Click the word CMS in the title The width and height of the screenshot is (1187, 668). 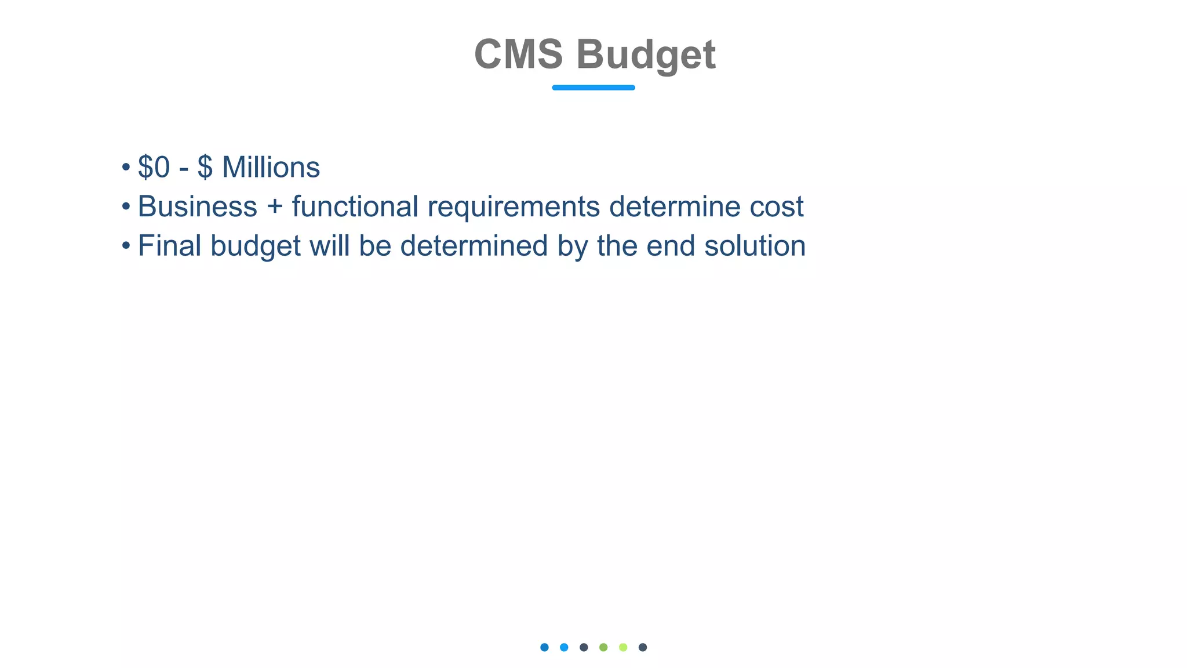pyautogui.click(x=518, y=55)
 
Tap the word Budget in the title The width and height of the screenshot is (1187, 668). pyautogui.click(x=646, y=56)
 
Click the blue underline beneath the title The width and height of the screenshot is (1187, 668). pyautogui.click(x=593, y=88)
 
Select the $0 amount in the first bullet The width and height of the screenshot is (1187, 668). pyautogui.click(x=154, y=168)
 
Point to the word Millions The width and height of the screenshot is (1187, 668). pyautogui.click(x=271, y=168)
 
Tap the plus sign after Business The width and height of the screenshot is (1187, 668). pyautogui.click(x=275, y=208)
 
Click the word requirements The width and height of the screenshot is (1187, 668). pyautogui.click(x=514, y=208)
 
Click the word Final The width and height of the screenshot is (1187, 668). pyautogui.click(x=169, y=246)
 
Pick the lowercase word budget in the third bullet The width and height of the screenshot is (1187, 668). pyautogui.click(x=255, y=247)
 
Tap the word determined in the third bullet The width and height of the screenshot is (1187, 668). pyautogui.click(x=474, y=246)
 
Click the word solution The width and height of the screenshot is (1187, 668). pyautogui.click(x=755, y=246)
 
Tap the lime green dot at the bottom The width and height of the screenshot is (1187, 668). pyautogui.click(x=623, y=647)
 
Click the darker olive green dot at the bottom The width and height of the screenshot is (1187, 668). pyautogui.click(x=603, y=647)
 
